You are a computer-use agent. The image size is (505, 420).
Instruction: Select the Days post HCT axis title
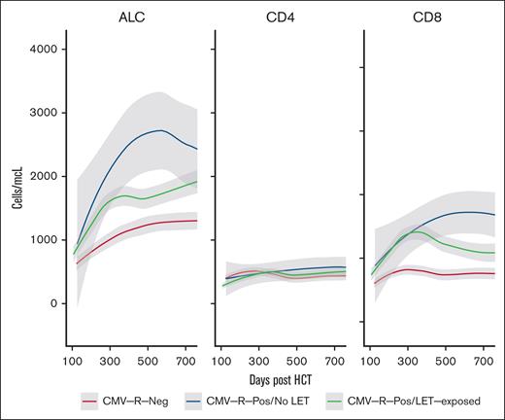pyautogui.click(x=283, y=376)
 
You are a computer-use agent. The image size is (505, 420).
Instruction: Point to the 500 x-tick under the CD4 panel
pyautogui.click(x=297, y=359)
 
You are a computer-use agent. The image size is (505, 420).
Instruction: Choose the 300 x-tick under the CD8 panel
pyautogui.click(x=408, y=359)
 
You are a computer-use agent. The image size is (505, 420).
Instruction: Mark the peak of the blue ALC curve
pyautogui.click(x=161, y=130)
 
